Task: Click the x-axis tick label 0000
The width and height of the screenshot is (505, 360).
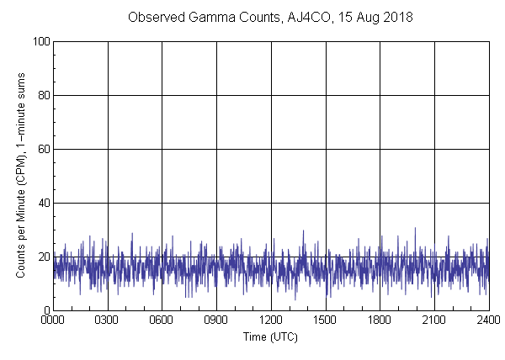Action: tap(53, 320)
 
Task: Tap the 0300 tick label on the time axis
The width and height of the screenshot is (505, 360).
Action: tap(108, 320)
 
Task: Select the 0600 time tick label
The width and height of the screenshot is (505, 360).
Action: tap(162, 320)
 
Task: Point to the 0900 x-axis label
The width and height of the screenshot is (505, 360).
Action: tap(216, 320)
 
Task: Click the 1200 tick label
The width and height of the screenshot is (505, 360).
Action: tap(271, 320)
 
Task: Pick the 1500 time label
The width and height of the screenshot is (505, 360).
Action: tap(326, 320)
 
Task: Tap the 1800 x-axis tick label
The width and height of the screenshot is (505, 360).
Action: tap(380, 320)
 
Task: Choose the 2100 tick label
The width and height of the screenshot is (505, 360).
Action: tap(434, 320)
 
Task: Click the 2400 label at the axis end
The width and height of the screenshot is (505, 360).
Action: tap(488, 320)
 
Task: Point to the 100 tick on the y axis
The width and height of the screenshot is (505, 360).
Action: tap(40, 41)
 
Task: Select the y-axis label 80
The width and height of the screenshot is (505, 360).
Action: tap(43, 95)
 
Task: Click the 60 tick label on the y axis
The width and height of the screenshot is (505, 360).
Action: tap(43, 149)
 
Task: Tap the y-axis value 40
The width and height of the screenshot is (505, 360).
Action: tap(43, 203)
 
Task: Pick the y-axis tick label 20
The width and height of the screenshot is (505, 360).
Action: tap(43, 257)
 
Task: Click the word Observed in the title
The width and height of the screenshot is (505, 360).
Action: tap(152, 17)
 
